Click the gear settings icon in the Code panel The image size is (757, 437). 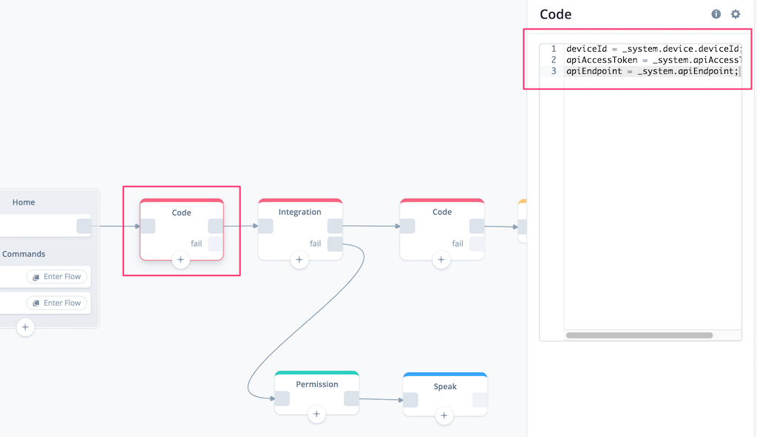736,14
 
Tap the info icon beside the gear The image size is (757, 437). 716,14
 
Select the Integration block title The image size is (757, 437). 300,212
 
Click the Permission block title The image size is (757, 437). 316,384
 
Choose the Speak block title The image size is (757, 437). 445,386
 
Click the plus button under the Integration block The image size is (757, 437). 299,260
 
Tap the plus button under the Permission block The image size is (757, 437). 316,414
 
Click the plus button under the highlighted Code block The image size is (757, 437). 180,260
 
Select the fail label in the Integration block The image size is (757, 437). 315,244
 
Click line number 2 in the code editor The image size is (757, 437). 554,60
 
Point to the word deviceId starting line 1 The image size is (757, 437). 586,49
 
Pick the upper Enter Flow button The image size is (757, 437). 57,276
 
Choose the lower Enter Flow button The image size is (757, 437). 57,303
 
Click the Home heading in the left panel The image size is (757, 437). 24,202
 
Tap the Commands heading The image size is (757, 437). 24,254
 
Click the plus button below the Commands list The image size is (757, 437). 25,327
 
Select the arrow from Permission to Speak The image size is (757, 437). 381,399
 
